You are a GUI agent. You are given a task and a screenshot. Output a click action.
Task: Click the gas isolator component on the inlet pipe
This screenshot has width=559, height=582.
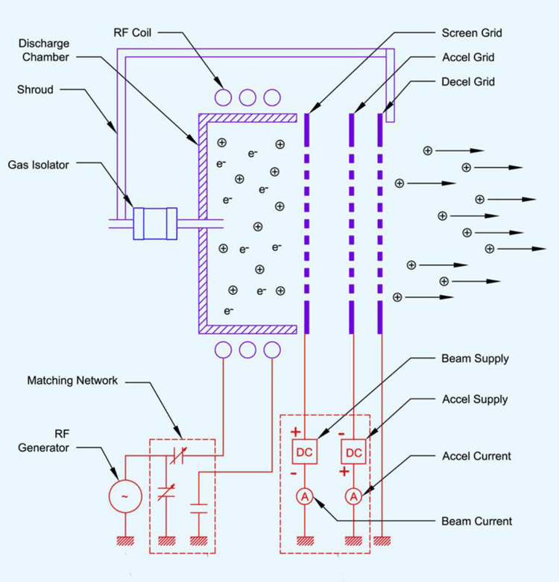coord(154,223)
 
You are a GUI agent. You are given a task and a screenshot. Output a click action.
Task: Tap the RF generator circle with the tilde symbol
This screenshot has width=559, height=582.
coord(124,496)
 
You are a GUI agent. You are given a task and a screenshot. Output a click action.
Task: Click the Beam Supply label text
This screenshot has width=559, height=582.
coord(475,359)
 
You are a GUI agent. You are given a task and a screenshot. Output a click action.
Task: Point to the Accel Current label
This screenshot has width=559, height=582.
coord(476,456)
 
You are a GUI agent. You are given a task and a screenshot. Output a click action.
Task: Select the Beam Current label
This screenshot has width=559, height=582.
coord(476,521)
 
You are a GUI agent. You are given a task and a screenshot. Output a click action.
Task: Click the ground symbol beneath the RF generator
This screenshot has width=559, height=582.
coord(124,540)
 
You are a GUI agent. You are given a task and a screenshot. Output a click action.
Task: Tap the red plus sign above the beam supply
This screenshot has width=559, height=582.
coord(294,431)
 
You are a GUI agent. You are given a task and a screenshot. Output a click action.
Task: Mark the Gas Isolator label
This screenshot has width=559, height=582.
coord(40,164)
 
